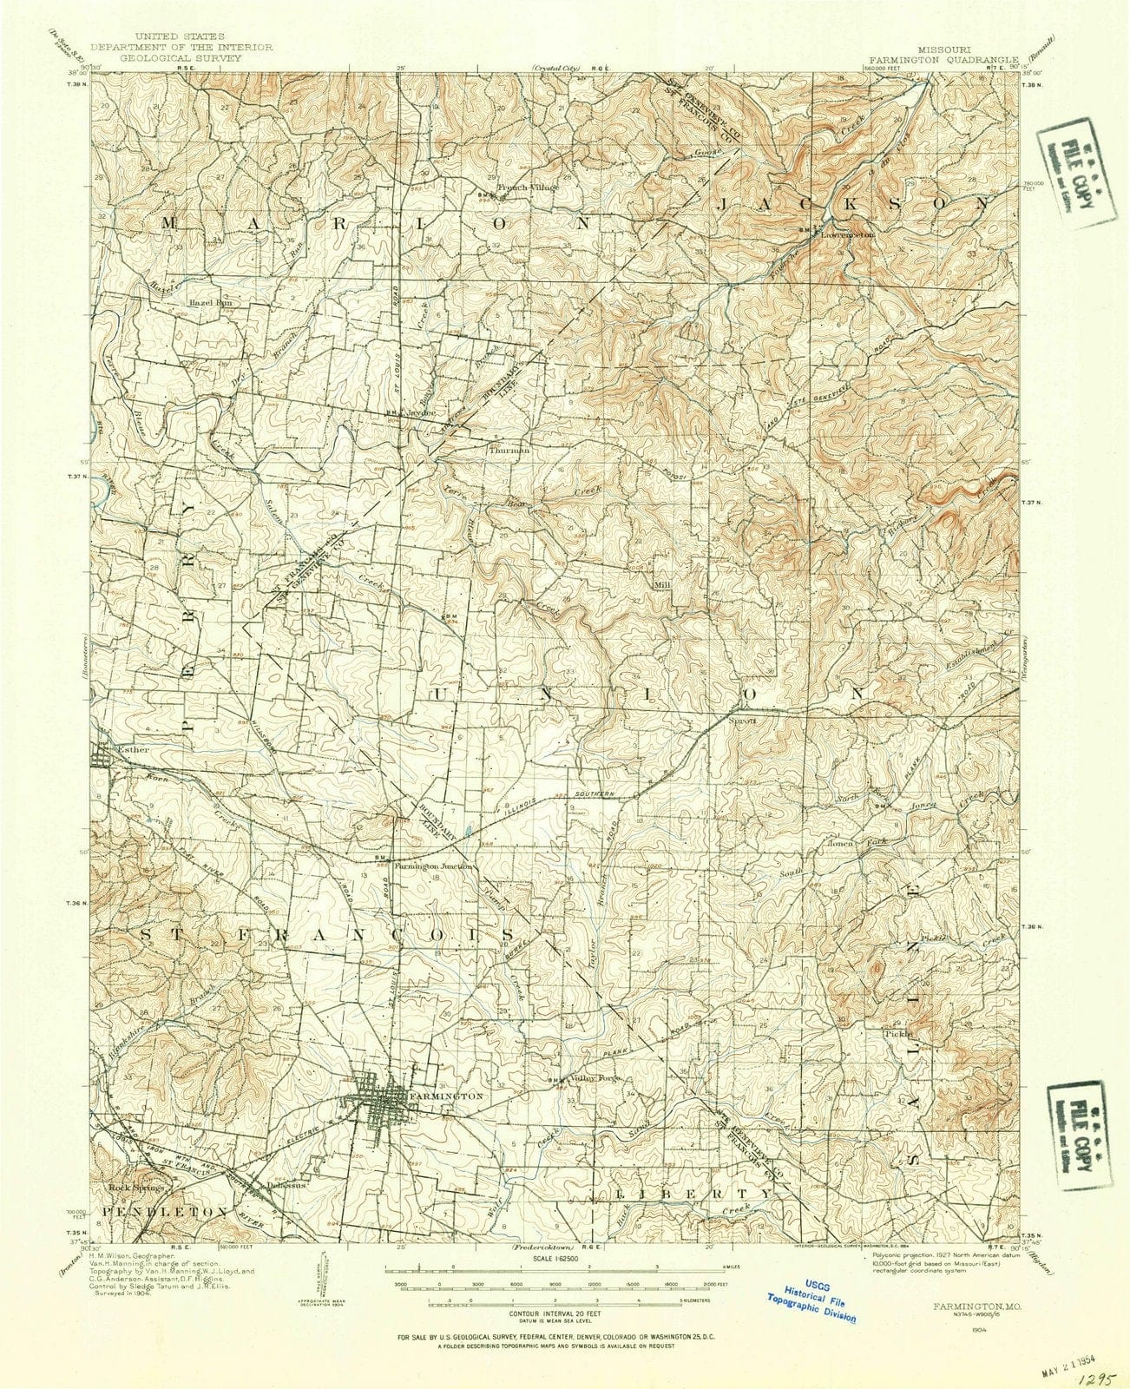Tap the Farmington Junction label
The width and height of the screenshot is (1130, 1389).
coord(434,866)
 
